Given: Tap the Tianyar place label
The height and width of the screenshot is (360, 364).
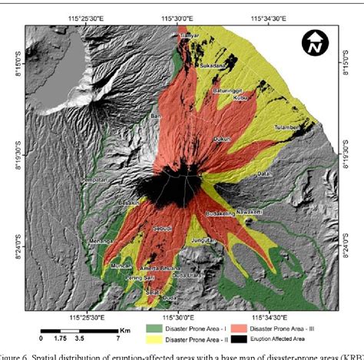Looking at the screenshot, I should pyautogui.click(x=190, y=35).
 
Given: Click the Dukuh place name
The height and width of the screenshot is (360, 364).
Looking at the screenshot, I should pyautogui.click(x=223, y=139).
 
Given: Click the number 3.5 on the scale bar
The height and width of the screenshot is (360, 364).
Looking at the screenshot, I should pyautogui.click(x=79, y=338).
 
